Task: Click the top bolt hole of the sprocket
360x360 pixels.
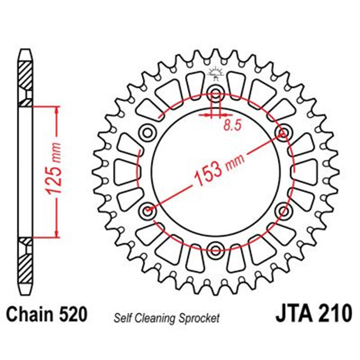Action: [216, 93]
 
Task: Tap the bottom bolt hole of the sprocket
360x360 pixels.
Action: [216, 249]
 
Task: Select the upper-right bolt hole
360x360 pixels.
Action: [283, 132]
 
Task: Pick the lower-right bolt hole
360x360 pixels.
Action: [283, 210]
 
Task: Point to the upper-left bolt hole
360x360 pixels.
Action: [148, 132]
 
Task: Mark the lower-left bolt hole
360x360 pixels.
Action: [148, 211]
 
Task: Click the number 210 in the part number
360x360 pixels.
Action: [335, 313]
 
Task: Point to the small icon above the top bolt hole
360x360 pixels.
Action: [215, 73]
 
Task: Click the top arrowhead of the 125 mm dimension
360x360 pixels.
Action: [55, 109]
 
